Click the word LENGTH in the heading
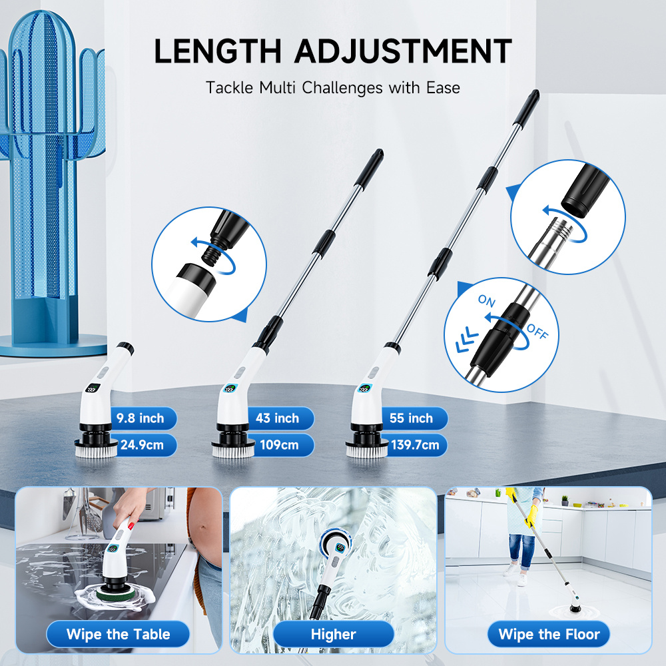tap(218, 51)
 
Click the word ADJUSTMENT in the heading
tap(403, 51)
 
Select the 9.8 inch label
tap(141, 418)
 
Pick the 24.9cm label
tap(142, 445)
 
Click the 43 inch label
tap(277, 418)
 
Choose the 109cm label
tap(279, 445)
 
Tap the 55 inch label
tap(411, 418)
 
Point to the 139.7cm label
tap(415, 445)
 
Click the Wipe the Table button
tap(118, 634)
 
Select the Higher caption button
tap(334, 634)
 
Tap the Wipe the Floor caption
tap(549, 634)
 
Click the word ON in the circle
tap(487, 301)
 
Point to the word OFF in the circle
tap(537, 331)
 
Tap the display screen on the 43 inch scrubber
tap(230, 388)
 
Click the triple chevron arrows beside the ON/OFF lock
tap(467, 338)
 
